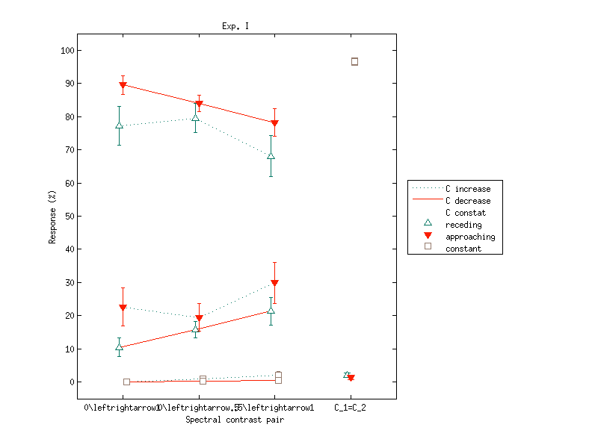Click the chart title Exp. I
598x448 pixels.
pos(235,26)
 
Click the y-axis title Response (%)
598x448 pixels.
pos(52,217)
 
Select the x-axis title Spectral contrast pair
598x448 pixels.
pos(235,420)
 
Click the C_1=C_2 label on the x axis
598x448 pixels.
pos(350,408)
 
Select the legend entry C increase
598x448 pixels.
pos(468,189)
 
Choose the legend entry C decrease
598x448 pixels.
pos(468,201)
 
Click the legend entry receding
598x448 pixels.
pos(463,225)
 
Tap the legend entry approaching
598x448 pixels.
pos(470,237)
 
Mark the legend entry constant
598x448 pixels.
pos(463,249)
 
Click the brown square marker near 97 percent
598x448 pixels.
pos(354,61)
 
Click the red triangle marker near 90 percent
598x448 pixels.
pos(123,85)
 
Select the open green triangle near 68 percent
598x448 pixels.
pos(271,156)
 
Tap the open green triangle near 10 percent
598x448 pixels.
pos(119,347)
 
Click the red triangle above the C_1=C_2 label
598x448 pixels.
pos(351,378)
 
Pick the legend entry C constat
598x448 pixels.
pos(466,213)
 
